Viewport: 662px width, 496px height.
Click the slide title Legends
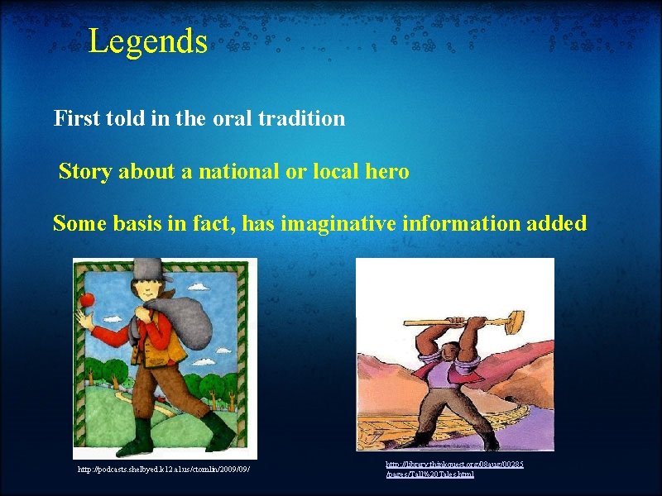click(147, 41)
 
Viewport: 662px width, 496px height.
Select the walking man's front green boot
click(218, 427)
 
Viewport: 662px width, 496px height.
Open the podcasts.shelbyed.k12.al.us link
click(163, 470)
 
